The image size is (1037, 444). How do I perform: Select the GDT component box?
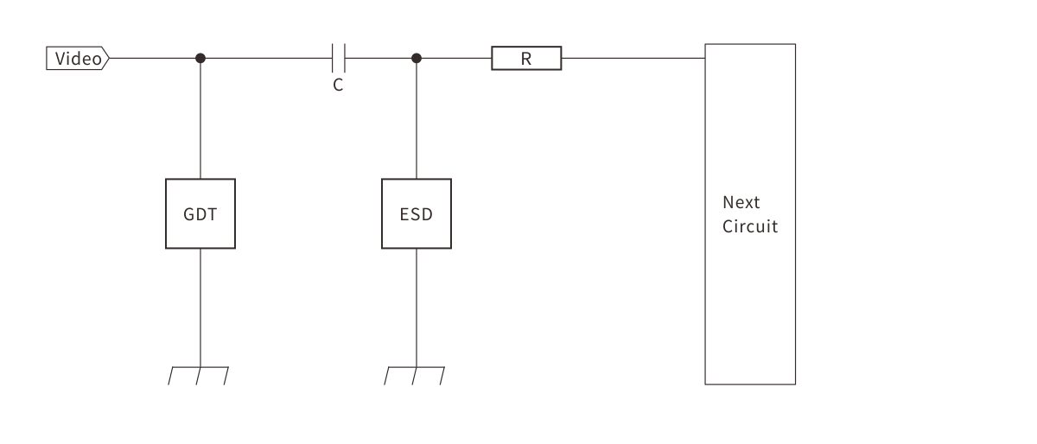tap(200, 213)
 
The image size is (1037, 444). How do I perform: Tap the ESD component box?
tap(416, 213)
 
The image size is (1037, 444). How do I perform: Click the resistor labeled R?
tap(526, 59)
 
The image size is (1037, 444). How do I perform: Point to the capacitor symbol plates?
tap(339, 59)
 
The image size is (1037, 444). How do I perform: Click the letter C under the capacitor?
tap(338, 86)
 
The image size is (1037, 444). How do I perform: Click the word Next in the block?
tap(741, 202)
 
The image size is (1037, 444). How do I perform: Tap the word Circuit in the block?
tap(749, 226)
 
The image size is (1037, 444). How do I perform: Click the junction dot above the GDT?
tap(200, 59)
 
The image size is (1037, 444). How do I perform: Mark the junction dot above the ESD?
tap(417, 59)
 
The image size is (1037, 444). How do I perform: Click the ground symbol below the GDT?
tap(200, 375)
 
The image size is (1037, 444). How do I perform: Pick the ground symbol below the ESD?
tap(416, 375)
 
